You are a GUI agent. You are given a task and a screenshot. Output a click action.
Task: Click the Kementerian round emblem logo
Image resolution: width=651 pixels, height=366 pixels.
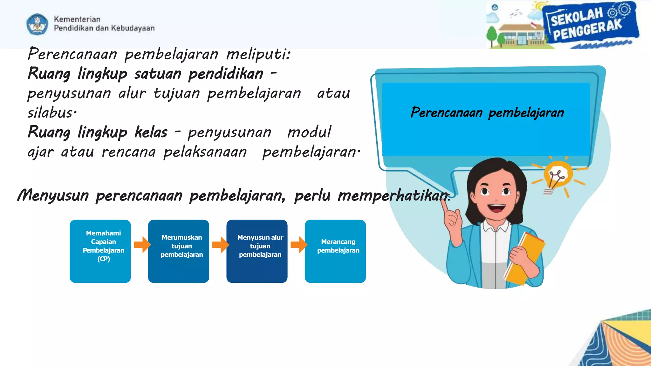(x=38, y=24)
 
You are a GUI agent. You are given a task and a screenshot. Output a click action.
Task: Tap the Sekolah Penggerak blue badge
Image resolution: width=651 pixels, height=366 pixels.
(x=590, y=24)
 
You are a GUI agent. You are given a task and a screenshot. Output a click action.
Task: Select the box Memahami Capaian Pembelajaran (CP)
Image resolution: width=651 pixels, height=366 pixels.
(x=100, y=251)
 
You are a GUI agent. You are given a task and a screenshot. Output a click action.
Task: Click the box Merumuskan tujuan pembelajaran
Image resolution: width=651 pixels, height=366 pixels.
(x=178, y=251)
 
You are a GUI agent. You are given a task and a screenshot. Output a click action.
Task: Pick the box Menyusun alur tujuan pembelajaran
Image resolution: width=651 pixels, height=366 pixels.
(x=257, y=251)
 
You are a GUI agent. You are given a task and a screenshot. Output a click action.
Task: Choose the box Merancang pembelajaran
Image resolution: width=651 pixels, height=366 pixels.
(x=335, y=251)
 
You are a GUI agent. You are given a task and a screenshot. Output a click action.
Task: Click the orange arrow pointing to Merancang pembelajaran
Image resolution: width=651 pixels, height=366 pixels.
(x=299, y=245)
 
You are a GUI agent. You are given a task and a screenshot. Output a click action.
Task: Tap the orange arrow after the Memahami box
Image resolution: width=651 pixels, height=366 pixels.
(x=142, y=245)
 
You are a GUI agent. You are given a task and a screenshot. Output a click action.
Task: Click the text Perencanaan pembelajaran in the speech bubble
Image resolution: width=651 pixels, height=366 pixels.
(x=487, y=112)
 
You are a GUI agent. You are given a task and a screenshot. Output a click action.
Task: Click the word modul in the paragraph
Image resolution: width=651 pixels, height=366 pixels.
(x=309, y=132)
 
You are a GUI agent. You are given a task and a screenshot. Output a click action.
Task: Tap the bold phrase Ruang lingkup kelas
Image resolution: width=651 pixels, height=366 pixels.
(x=97, y=132)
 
